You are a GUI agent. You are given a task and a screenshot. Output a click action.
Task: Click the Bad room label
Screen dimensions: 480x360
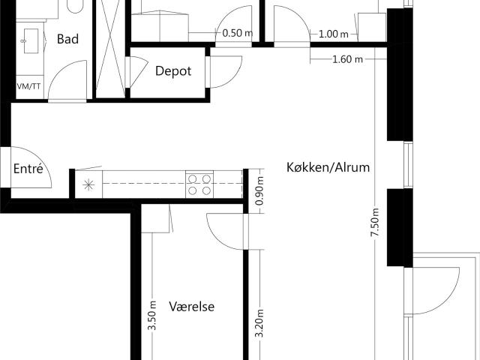(67, 39)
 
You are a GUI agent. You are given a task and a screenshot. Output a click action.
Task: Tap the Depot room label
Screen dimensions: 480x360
(173, 71)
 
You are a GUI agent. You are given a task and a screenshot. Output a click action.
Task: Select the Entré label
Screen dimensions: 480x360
(28, 168)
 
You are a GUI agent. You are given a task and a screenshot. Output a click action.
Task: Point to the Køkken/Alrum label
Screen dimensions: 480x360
(328, 167)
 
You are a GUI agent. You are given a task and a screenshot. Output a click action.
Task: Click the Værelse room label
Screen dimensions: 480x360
(192, 307)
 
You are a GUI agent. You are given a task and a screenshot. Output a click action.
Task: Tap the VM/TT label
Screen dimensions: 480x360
(28, 87)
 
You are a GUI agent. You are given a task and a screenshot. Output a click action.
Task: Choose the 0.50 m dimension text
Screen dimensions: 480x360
(237, 33)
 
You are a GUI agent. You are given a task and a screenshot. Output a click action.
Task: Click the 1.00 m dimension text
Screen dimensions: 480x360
(333, 34)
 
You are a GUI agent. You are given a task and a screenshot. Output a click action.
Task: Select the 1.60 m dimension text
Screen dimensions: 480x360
(347, 59)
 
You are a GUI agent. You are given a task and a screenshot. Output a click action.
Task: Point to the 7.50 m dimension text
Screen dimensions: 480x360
(375, 222)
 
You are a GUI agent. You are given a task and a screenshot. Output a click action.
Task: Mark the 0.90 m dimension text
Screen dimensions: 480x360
(259, 191)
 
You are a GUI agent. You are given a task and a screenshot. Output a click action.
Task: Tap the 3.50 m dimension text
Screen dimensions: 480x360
(152, 316)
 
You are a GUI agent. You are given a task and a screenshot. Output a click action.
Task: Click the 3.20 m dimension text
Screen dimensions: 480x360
(259, 323)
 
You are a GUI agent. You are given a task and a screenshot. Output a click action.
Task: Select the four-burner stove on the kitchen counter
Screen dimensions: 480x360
(199, 184)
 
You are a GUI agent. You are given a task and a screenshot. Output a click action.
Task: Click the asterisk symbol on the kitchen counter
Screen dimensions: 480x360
(88, 185)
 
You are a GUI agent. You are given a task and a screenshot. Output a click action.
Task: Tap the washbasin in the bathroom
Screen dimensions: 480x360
(31, 40)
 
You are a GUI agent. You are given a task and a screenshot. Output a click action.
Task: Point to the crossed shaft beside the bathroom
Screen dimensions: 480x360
(110, 49)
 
